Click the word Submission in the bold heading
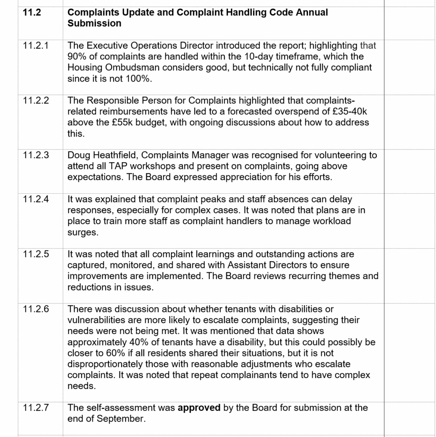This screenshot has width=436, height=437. point(94,23)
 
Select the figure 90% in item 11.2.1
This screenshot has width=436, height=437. point(77,56)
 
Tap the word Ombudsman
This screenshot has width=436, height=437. point(132,67)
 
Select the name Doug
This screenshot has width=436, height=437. point(78,155)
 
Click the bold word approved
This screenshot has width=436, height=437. point(199,408)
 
